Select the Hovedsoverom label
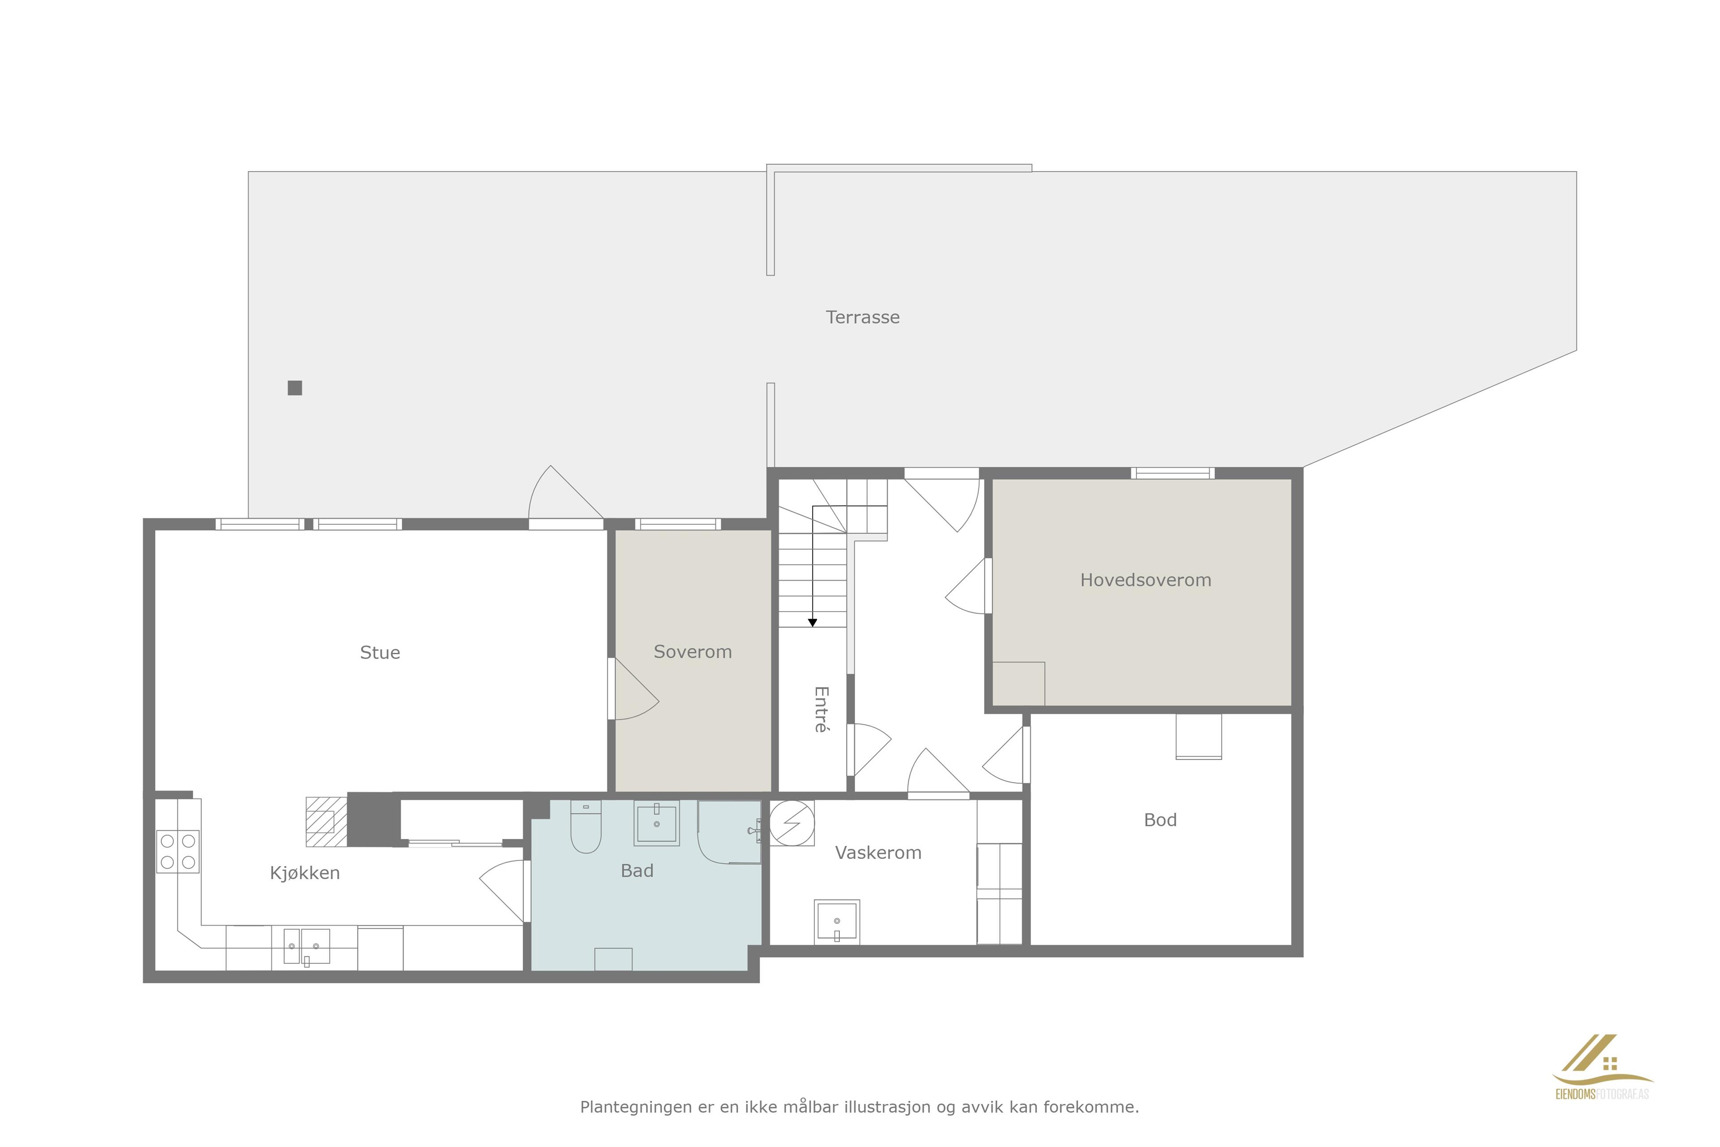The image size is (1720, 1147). point(1145,580)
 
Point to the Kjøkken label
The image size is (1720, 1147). point(305,873)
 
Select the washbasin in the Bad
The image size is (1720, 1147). point(657,823)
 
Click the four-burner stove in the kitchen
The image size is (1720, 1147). point(178,851)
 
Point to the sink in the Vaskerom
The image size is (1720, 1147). point(837,922)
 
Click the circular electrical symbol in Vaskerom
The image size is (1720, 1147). point(792,823)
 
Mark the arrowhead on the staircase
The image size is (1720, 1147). point(813,622)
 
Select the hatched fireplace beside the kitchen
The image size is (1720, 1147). point(326,821)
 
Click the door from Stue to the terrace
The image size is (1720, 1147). point(566,497)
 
